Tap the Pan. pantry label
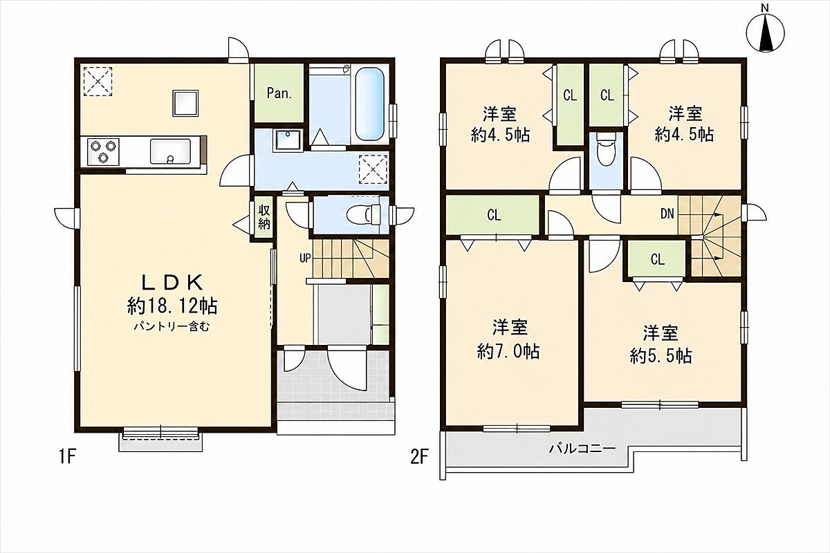(x=279, y=93)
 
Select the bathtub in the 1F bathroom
(x=369, y=104)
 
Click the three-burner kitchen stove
(x=103, y=152)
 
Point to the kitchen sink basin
(x=170, y=151)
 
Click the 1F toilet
(x=365, y=214)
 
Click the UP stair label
(x=305, y=258)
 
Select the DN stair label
(x=667, y=214)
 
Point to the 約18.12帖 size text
(x=172, y=306)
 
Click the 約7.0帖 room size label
(x=508, y=351)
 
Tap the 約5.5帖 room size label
(x=661, y=356)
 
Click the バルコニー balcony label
(x=582, y=449)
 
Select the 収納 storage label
(x=264, y=218)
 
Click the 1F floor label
(x=67, y=458)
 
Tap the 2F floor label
(x=419, y=458)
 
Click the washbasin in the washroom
(x=288, y=140)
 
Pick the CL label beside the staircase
(x=658, y=260)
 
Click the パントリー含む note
(x=172, y=327)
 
